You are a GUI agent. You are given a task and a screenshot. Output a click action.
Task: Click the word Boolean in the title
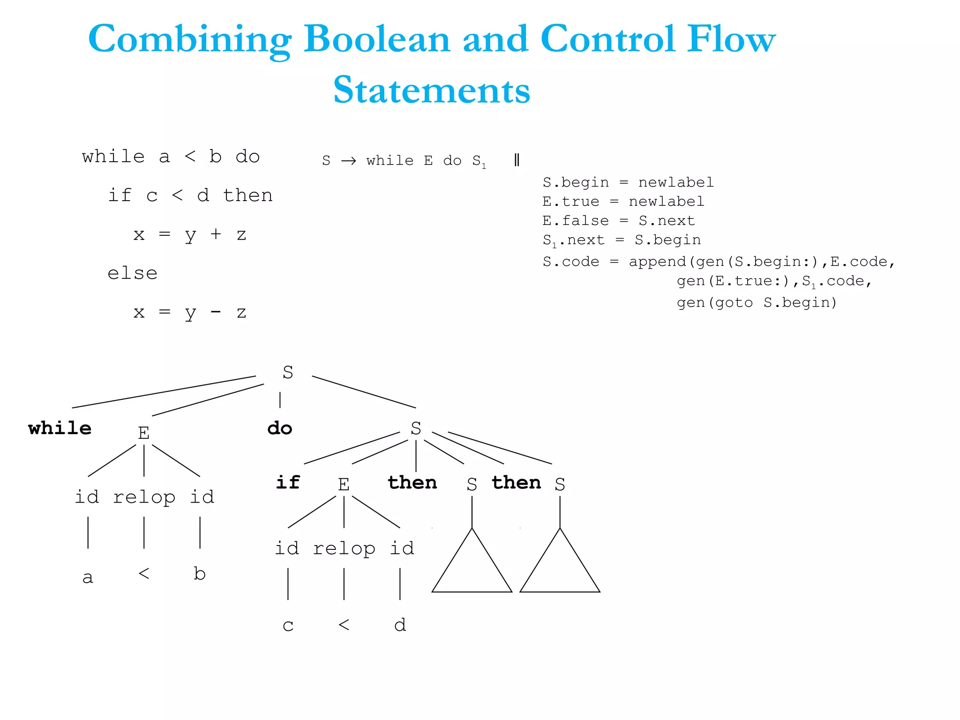[x=377, y=39]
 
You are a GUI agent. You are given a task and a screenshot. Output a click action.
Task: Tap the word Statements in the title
[x=431, y=90]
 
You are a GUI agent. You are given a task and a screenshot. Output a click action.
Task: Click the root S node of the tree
[x=288, y=372]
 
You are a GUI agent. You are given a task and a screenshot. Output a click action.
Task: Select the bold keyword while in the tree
[x=60, y=428]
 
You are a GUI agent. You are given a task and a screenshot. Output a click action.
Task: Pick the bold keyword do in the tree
[x=280, y=428]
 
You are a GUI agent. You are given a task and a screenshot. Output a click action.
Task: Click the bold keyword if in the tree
[x=287, y=482]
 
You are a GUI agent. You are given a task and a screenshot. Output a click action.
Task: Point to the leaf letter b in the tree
[x=200, y=573]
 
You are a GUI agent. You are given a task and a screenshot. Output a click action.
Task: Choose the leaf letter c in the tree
[x=288, y=625]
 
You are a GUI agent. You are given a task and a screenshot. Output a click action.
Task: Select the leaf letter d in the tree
[x=400, y=624]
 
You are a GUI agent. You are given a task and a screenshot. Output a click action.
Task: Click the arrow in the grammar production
[x=348, y=161]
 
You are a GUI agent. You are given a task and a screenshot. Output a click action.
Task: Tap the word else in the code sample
[x=133, y=273]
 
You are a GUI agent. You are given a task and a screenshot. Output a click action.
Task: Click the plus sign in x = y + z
[x=216, y=234]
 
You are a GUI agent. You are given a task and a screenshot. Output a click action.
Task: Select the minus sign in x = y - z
[x=216, y=312]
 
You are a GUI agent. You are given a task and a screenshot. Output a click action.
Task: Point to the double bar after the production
[x=516, y=160]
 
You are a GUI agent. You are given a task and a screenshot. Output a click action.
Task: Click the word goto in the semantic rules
[x=734, y=303]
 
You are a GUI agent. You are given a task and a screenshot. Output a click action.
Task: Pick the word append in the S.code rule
[x=657, y=262]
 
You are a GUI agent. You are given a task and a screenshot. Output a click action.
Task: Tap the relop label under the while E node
[x=144, y=497]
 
